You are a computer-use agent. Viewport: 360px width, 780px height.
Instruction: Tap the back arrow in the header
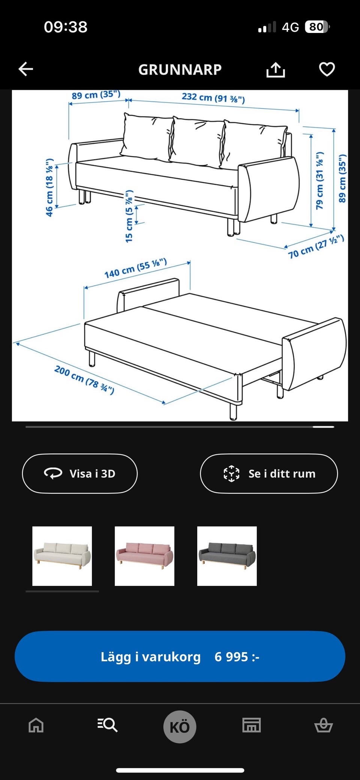tap(26, 69)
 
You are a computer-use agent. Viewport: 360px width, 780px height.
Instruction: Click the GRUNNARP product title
tap(180, 70)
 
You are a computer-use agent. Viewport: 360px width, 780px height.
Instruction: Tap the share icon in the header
tap(276, 69)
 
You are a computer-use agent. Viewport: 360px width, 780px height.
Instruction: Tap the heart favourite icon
tap(327, 69)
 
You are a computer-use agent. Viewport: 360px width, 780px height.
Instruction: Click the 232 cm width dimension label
tap(213, 98)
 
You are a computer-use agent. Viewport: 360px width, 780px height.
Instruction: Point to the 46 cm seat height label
tap(49, 187)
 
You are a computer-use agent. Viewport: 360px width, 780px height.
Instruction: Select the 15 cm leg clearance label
tap(129, 216)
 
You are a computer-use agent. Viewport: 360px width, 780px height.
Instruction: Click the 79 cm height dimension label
tap(319, 181)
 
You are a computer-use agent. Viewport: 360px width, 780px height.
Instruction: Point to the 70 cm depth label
tap(316, 247)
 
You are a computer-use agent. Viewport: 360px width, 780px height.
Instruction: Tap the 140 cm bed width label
tap(136, 268)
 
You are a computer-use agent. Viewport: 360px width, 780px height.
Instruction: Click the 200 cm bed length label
tap(84, 379)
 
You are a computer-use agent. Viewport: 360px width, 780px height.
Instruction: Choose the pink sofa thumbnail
tap(144, 556)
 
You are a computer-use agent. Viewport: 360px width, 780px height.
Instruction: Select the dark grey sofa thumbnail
tap(227, 556)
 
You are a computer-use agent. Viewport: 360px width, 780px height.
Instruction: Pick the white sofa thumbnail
tap(62, 556)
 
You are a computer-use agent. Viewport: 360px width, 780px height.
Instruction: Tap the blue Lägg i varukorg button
tap(180, 656)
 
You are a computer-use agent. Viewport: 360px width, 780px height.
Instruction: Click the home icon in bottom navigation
tap(36, 725)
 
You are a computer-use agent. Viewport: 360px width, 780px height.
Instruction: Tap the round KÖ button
tap(180, 727)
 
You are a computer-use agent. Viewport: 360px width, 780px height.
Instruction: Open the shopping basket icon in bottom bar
tap(323, 725)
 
